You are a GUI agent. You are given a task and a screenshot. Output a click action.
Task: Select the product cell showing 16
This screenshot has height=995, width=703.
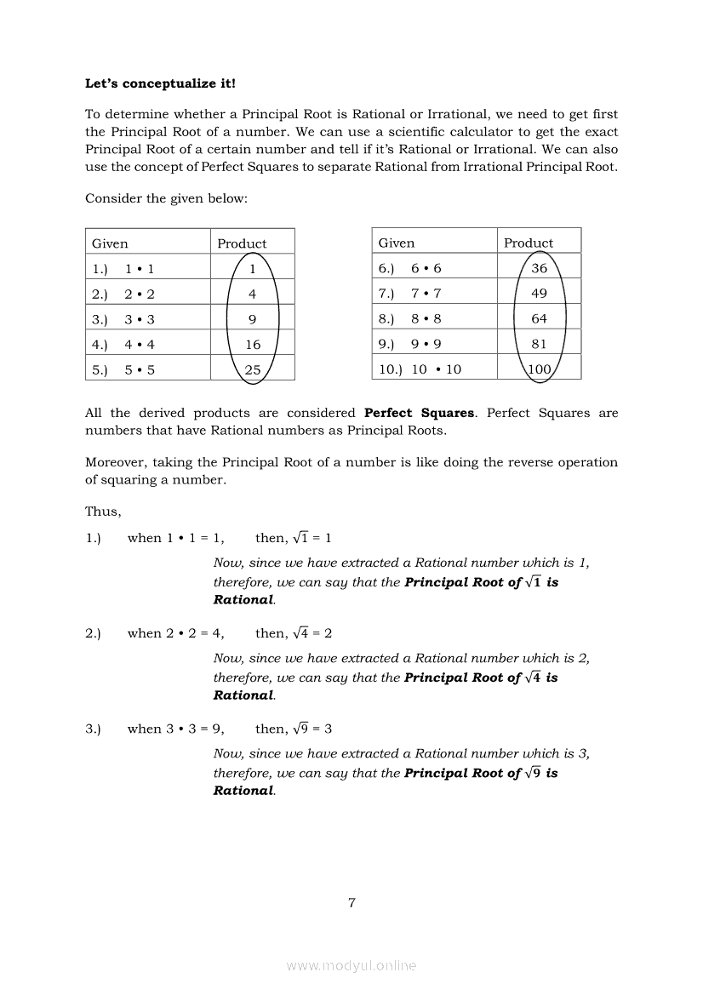click(x=253, y=345)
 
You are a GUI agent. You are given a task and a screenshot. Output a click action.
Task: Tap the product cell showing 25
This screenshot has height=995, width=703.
click(x=253, y=369)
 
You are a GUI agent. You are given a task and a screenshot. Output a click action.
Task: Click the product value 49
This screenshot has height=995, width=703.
click(x=539, y=294)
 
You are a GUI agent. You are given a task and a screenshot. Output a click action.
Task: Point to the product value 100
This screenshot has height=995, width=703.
click(x=539, y=369)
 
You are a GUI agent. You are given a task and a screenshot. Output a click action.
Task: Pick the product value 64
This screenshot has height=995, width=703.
click(x=539, y=319)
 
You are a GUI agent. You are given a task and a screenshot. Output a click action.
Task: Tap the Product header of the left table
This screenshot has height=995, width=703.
click(x=242, y=243)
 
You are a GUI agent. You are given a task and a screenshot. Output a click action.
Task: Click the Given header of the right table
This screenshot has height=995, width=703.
click(x=397, y=243)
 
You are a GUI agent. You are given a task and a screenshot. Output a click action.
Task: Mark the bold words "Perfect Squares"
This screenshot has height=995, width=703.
click(x=419, y=413)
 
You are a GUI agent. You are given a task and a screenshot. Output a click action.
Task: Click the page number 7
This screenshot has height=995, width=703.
click(x=351, y=903)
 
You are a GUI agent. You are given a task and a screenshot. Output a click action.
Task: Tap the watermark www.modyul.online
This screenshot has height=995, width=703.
click(x=351, y=965)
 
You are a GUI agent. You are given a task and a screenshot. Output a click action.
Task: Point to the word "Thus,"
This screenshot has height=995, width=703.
click(x=103, y=512)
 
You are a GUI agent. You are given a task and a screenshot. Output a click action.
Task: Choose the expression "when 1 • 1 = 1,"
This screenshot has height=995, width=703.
click(x=176, y=538)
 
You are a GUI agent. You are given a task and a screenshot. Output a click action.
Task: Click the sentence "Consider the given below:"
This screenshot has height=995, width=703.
click(x=166, y=198)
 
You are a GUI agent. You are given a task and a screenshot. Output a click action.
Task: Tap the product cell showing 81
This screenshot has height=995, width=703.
click(x=539, y=345)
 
